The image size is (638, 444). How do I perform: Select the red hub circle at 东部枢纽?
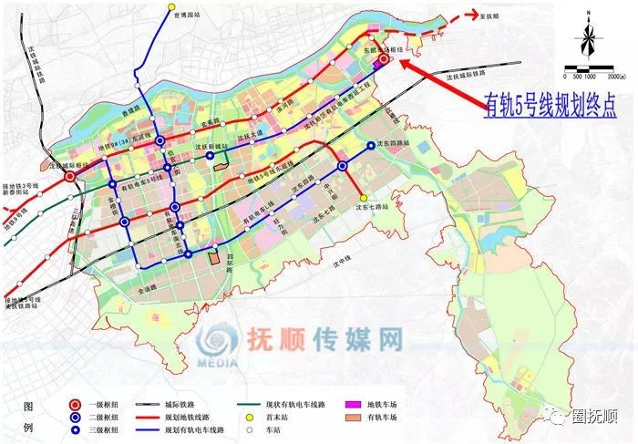point(384,58)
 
